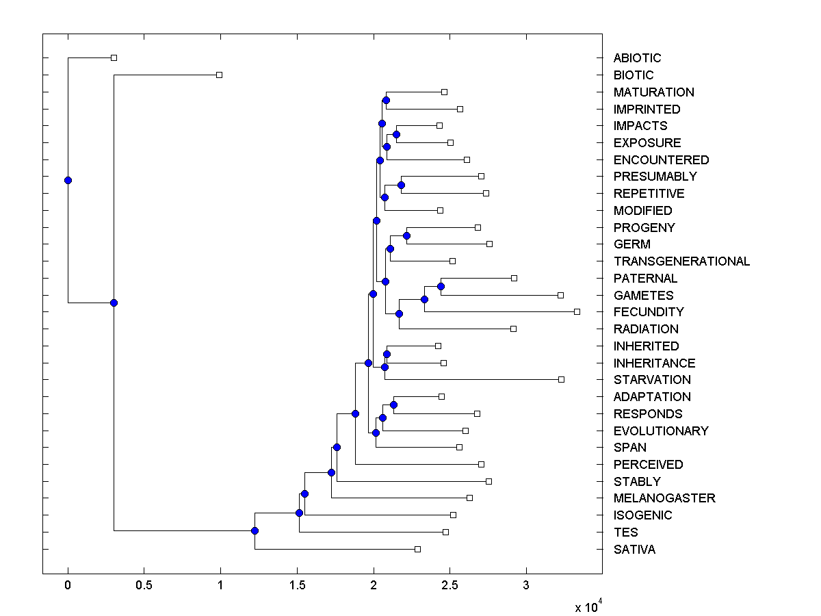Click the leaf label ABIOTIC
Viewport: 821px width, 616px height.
[x=637, y=58]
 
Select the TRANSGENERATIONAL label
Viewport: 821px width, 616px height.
[x=681, y=261]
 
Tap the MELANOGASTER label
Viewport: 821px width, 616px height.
[x=664, y=498]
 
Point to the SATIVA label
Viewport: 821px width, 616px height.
[x=634, y=550]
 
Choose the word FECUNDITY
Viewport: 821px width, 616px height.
[x=649, y=312]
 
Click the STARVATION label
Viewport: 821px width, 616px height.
[x=652, y=380]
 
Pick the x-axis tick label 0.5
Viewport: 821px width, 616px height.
[x=144, y=586]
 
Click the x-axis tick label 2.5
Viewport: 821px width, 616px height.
[x=449, y=586]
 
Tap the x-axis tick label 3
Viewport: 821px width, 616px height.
[x=526, y=586]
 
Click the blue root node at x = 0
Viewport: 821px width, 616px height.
[x=68, y=180]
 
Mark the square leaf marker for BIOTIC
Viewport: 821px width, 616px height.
[x=219, y=75]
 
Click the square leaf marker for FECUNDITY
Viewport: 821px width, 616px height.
[x=577, y=311]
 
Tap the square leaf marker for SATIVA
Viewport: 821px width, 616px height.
[x=417, y=549]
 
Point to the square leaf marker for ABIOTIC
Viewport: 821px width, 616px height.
[x=114, y=57]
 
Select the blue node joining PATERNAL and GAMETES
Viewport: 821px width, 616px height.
[x=441, y=286]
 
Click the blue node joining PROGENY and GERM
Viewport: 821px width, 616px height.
[x=406, y=235]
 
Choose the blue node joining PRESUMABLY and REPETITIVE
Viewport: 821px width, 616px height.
[x=402, y=185]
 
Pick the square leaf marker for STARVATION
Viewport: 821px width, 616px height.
[x=561, y=379]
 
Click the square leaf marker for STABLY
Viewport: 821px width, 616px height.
[x=488, y=481]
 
